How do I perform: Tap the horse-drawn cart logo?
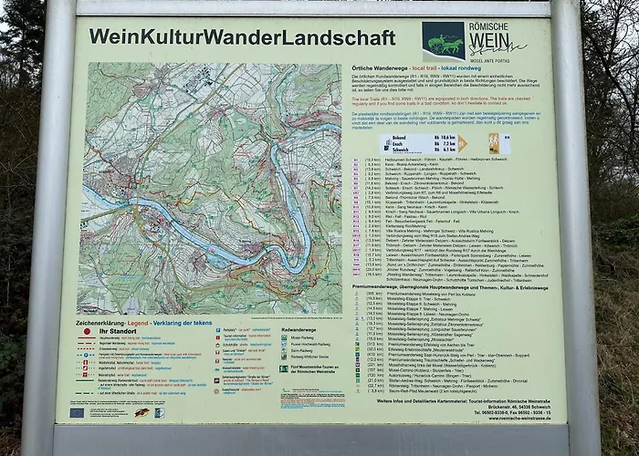(443, 40)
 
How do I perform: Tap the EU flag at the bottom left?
(77, 412)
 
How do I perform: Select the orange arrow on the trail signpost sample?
(463, 142)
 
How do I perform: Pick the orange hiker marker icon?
(494, 143)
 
